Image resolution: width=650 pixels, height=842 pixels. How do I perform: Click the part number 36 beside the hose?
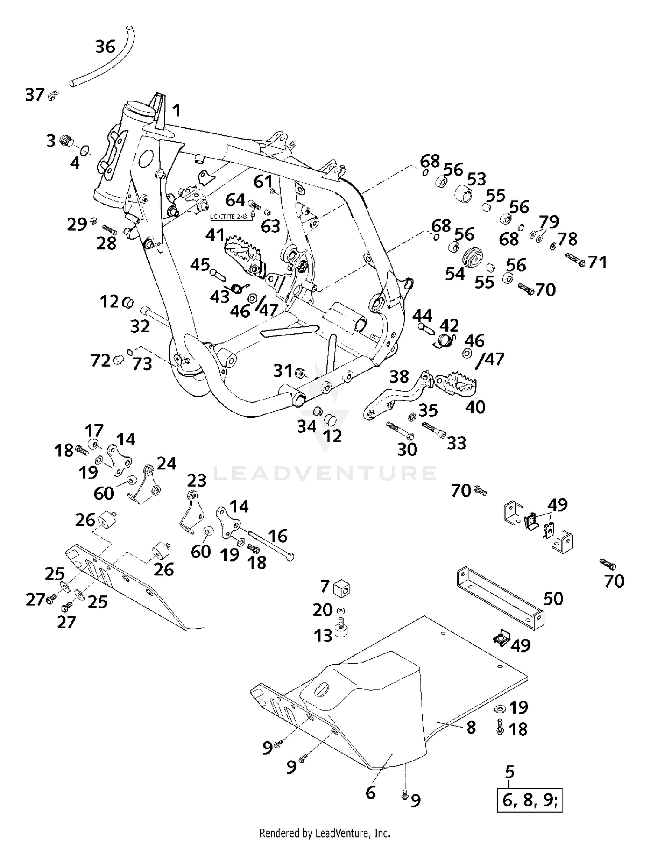click(x=105, y=46)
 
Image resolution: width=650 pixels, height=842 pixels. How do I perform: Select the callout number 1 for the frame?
click(x=176, y=111)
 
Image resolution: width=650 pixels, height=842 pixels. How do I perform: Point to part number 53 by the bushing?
click(x=477, y=179)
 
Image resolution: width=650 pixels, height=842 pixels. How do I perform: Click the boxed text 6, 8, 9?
click(x=530, y=800)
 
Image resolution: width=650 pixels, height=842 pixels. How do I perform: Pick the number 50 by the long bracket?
click(x=553, y=598)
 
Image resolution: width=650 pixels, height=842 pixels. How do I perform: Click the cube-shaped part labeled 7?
click(x=341, y=588)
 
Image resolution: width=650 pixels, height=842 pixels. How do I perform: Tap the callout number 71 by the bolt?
click(x=598, y=262)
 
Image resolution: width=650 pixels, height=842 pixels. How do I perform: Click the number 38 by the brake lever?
click(x=399, y=377)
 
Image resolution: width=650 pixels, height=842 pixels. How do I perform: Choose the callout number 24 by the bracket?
click(x=166, y=463)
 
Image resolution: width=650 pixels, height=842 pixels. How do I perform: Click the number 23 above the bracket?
click(x=197, y=480)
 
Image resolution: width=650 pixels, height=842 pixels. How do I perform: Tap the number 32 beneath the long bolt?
click(x=140, y=326)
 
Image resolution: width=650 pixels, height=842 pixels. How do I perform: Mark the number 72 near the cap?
click(x=101, y=360)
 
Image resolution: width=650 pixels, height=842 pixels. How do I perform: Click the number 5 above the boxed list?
click(x=510, y=771)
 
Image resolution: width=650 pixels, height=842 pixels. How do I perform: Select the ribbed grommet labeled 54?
click(x=473, y=258)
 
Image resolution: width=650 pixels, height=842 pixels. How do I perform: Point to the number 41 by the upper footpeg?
click(x=215, y=235)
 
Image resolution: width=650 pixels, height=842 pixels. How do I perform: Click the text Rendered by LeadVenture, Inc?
click(x=325, y=832)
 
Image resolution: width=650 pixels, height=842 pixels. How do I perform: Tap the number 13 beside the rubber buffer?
click(x=323, y=636)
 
